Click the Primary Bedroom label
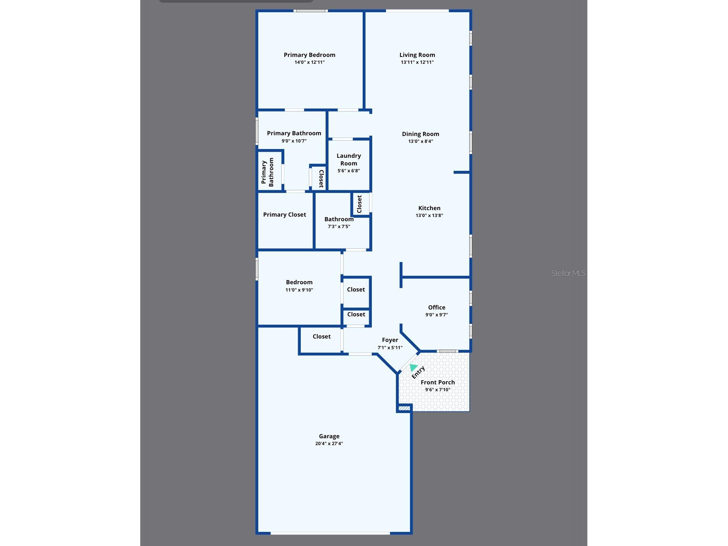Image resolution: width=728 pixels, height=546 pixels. pos(309,55)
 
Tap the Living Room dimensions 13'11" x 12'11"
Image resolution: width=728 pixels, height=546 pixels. pos(417,62)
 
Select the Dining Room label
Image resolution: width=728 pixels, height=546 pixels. pos(420,134)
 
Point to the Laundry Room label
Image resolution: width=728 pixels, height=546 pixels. pos(349,159)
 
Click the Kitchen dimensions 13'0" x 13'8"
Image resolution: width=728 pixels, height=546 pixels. pos(429,215)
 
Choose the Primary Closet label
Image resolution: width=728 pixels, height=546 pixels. pos(284,215)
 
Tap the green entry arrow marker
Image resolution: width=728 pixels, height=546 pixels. pos(413,368)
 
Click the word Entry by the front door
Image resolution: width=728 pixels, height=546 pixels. pos(418,372)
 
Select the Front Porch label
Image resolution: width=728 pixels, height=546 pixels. pos(438,382)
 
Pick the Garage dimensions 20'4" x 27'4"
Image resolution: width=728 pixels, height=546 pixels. pos(329,444)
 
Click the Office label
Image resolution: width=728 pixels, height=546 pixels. pos(436,308)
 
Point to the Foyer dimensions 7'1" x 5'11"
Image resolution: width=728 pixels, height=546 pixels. pos(390,348)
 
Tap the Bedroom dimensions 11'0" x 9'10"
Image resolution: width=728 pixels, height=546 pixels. pos(299,290)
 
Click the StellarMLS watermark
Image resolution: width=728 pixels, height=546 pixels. pos(568,273)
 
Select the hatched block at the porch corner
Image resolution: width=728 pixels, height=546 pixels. pos(404,408)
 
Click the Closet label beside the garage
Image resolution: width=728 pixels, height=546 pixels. pos(321,337)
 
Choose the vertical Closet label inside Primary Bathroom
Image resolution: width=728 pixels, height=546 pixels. pos(321,179)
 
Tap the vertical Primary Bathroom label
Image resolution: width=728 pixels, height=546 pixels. pos(268,172)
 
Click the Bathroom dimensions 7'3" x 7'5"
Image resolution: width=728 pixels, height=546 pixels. pos(339,227)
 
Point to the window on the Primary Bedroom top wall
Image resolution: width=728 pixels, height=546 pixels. pos(310,11)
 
